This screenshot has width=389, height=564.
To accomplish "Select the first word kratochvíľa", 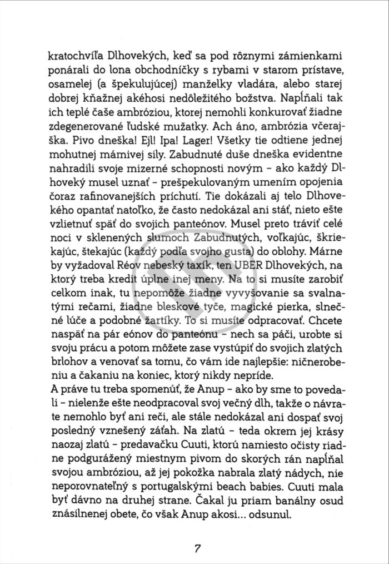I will click(x=74, y=56).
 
